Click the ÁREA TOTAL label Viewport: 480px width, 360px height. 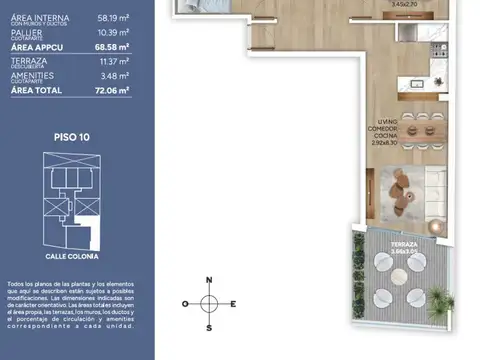[x=36, y=90]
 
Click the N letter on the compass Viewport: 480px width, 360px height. [x=208, y=279]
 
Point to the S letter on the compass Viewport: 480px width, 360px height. [x=208, y=327]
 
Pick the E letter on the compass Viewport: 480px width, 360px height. [x=233, y=303]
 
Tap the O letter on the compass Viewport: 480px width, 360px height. [x=185, y=303]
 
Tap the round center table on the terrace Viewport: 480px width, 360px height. [x=400, y=279]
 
